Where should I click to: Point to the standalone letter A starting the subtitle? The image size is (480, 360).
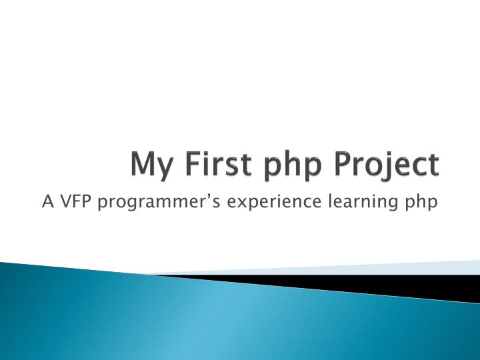click(47, 200)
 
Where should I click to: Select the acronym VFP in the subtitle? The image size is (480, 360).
click(75, 200)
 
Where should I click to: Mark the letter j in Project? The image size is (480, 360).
click(389, 167)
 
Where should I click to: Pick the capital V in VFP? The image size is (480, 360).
click(65, 200)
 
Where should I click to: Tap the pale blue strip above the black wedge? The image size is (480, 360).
click(400, 268)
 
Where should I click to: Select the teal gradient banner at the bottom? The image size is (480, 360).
click(200, 320)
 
